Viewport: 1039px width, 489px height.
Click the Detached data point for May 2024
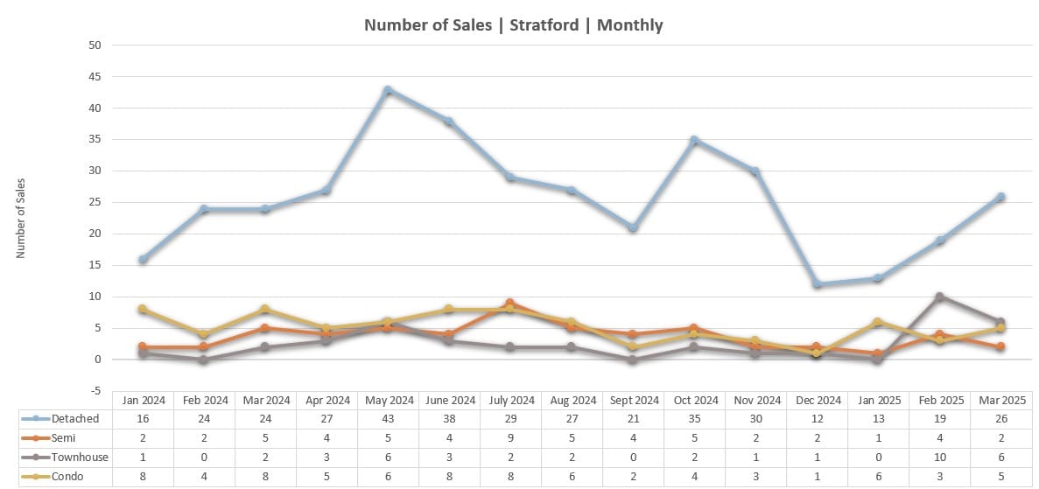pyautogui.click(x=387, y=90)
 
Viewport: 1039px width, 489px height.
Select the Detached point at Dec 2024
pyautogui.click(x=816, y=284)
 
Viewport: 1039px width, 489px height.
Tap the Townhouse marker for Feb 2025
pyautogui.click(x=938, y=297)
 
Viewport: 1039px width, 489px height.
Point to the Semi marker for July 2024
pyautogui.click(x=509, y=303)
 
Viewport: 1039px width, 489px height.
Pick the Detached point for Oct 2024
pyautogui.click(x=693, y=140)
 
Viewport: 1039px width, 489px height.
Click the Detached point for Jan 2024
pyautogui.click(x=142, y=259)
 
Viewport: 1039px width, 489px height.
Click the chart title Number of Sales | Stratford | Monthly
pyautogui.click(x=513, y=24)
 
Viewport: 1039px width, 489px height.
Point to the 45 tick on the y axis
pyautogui.click(x=95, y=77)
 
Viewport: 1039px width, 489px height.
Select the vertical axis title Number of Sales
pyautogui.click(x=21, y=218)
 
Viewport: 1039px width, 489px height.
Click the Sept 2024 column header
pyautogui.click(x=632, y=401)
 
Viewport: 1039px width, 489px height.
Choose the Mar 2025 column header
pyautogui.click(x=1000, y=401)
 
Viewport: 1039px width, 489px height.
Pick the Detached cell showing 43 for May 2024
pyautogui.click(x=387, y=419)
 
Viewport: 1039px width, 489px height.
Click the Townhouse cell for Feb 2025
pyautogui.click(x=938, y=458)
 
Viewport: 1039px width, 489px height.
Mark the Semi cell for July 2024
pyautogui.click(x=509, y=438)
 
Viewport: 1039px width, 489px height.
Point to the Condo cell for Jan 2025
pyautogui.click(x=877, y=477)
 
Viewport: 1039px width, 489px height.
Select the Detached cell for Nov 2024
pyautogui.click(x=755, y=419)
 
